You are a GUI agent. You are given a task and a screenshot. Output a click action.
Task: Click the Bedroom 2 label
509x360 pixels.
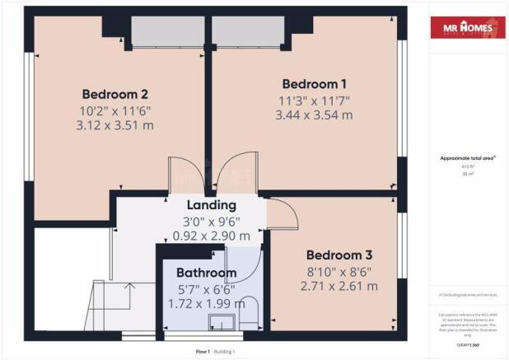click(x=114, y=92)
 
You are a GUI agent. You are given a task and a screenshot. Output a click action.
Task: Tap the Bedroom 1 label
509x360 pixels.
click(x=314, y=83)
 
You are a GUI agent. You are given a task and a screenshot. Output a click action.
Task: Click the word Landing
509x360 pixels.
click(x=212, y=205)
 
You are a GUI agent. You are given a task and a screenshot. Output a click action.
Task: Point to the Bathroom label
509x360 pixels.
click(x=206, y=273)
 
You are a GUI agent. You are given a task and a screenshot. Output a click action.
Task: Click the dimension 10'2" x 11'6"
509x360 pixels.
click(x=114, y=110)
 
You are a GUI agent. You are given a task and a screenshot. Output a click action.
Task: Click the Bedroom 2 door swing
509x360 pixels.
click(x=184, y=173)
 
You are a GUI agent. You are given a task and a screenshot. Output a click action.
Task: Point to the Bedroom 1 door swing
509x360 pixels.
click(x=235, y=173)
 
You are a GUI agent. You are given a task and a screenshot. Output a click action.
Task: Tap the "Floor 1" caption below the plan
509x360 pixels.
click(x=203, y=351)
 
